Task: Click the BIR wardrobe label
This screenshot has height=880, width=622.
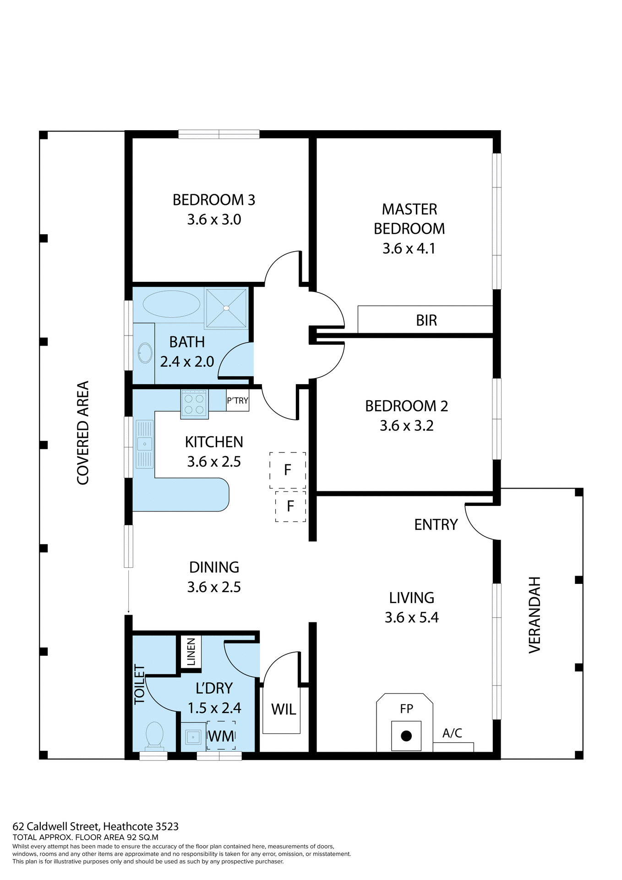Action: (426, 320)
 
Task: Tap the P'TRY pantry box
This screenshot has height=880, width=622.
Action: (237, 401)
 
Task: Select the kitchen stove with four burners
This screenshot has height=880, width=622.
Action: (194, 404)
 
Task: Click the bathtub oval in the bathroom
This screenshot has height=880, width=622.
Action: (171, 304)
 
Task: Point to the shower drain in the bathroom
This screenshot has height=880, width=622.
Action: (226, 308)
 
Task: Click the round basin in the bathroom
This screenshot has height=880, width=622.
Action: (145, 353)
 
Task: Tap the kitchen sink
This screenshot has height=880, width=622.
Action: (144, 444)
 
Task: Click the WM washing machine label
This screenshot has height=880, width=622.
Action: (221, 736)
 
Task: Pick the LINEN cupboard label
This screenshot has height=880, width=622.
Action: (191, 651)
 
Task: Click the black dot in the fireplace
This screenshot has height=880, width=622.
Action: (406, 736)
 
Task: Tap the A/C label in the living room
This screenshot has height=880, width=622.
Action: (452, 733)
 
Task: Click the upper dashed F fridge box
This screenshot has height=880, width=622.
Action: (288, 470)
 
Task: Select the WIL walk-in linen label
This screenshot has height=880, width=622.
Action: (284, 709)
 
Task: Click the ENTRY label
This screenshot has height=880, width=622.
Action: (436, 525)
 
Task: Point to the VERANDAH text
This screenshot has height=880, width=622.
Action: (535, 615)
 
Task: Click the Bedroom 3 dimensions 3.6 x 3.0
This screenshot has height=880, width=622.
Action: (214, 220)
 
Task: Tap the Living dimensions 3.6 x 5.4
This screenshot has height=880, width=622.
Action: (411, 617)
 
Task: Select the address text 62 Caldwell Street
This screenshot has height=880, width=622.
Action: (95, 826)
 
